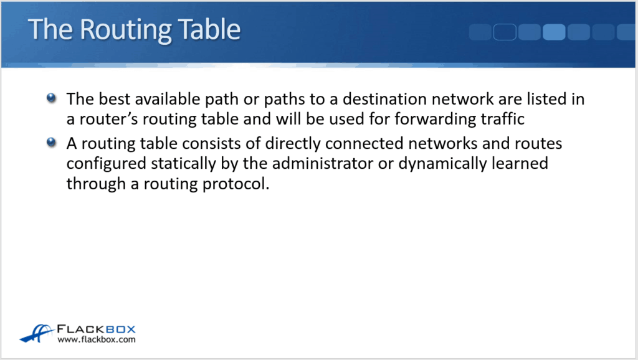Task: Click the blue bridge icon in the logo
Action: (x=37, y=333)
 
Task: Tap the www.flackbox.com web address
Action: (x=96, y=340)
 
